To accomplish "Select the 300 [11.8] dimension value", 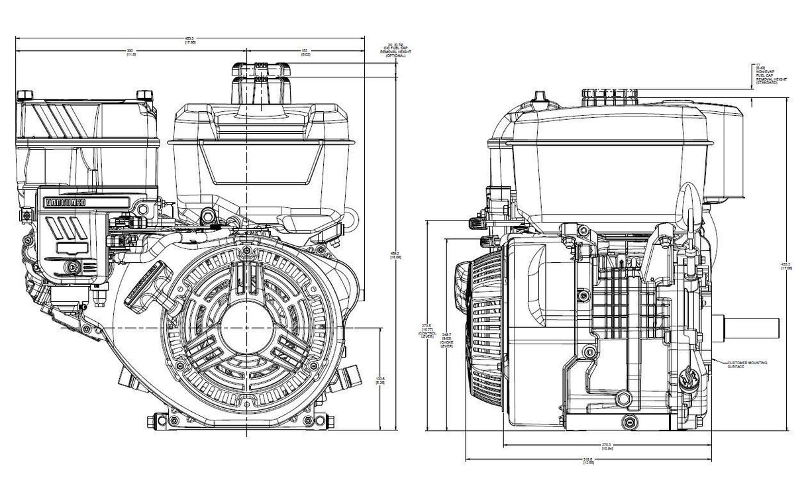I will click(130, 52).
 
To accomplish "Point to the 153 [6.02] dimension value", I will click(305, 52).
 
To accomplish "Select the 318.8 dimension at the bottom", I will click(589, 462).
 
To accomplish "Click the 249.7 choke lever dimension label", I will click(447, 340).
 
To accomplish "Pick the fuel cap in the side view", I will click(609, 97).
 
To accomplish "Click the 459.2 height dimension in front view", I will click(395, 255).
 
